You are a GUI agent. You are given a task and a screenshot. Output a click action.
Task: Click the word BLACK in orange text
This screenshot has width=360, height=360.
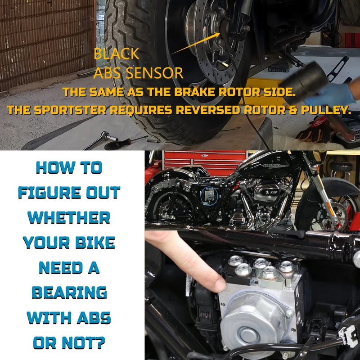[x=117, y=54]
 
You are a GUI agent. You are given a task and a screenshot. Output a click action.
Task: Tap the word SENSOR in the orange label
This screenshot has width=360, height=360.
[x=154, y=73]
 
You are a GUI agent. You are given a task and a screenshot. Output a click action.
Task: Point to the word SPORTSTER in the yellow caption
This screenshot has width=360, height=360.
[x=70, y=110]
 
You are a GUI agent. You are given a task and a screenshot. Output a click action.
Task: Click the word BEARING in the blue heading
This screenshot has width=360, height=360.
[x=69, y=293]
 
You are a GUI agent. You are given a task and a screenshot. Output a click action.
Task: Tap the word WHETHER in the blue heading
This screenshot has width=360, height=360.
[x=69, y=217]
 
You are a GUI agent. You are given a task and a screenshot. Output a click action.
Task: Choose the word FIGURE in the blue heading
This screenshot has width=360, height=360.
[x=49, y=193]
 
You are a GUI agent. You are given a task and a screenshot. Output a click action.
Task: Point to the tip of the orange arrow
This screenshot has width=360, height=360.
[x=220, y=33]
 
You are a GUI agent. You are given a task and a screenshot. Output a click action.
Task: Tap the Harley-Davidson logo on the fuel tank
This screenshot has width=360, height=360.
[x=275, y=166]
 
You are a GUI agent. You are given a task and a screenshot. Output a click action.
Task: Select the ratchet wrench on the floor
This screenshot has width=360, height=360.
[x=100, y=140]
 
